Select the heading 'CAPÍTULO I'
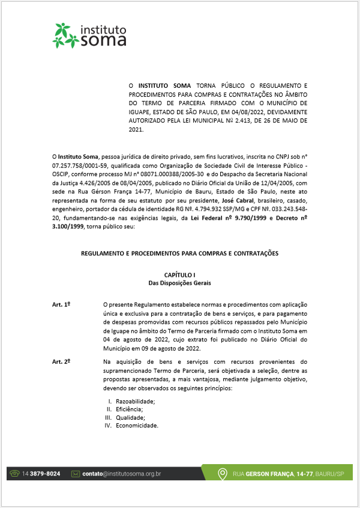179,274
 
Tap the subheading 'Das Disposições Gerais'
179,282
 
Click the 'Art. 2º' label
61,361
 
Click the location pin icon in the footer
223,474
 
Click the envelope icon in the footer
76,474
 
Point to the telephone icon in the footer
14,474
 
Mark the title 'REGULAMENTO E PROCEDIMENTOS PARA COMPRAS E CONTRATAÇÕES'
179,253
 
